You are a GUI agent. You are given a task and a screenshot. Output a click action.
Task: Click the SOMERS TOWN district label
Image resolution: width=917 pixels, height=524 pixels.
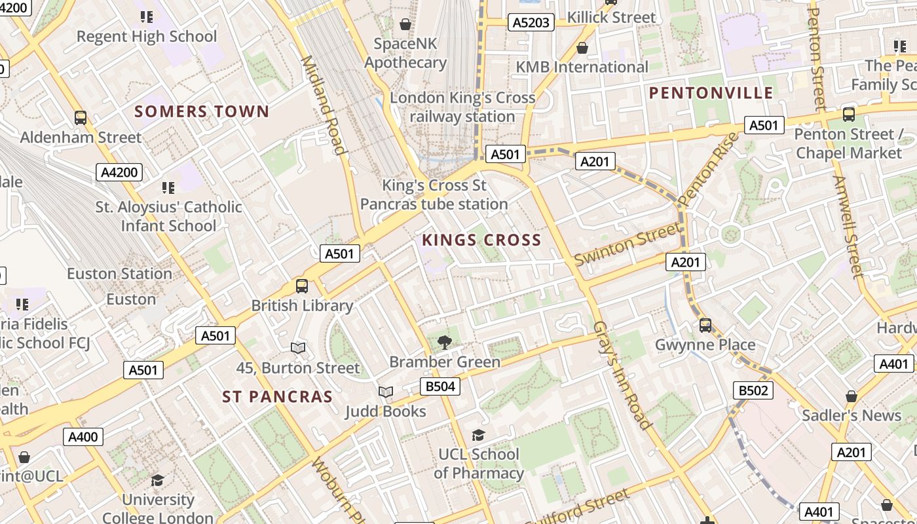point(202,111)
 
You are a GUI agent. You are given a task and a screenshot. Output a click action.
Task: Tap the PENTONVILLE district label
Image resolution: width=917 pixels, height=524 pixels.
point(711,93)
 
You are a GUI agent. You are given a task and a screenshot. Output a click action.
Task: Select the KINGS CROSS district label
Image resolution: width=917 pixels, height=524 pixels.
point(481,240)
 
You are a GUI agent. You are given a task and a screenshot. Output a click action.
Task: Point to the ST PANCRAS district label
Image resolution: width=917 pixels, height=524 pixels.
point(277,397)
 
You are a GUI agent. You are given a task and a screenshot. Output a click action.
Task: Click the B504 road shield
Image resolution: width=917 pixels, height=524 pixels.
point(440,386)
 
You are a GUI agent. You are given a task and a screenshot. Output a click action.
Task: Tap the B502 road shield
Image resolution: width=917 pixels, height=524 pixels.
point(753,391)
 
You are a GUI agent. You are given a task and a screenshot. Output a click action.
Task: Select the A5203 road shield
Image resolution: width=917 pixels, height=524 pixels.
point(531,23)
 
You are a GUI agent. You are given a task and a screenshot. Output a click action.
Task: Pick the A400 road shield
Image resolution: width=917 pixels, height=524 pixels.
point(83,437)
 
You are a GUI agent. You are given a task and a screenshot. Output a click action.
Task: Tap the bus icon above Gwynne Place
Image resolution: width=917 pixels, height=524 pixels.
point(705,325)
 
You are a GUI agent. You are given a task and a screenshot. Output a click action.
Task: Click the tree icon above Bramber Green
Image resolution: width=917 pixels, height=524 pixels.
point(445,342)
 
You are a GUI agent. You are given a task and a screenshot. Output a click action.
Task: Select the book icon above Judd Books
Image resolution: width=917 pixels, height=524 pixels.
point(386,392)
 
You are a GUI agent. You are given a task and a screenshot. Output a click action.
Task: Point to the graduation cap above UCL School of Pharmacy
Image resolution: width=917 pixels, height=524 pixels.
point(479,435)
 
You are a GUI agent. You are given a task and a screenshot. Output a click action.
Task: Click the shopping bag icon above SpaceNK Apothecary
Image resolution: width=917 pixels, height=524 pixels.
point(405,25)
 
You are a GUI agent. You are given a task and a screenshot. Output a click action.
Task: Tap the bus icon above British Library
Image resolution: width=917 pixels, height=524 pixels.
point(301,286)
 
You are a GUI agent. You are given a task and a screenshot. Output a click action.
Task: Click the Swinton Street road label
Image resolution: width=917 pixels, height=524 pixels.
point(627,244)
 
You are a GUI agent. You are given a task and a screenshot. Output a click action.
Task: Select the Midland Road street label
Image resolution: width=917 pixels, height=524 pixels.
point(322,105)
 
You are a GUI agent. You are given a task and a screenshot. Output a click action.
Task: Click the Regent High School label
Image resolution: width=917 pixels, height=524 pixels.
point(147,36)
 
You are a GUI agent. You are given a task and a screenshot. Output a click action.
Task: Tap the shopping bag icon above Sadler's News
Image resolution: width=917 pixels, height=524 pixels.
point(851,396)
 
